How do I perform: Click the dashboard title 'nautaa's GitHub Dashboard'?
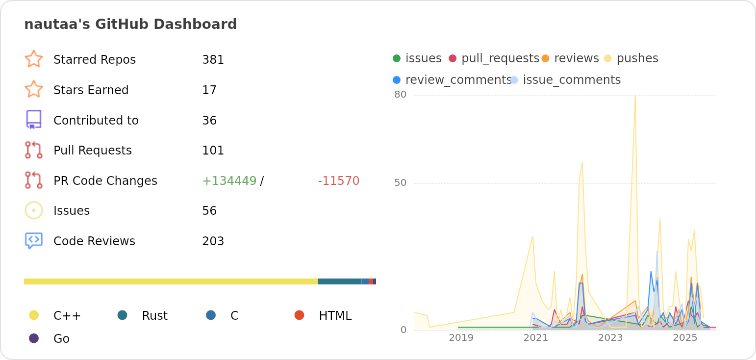coord(130,24)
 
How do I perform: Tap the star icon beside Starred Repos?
coord(34,59)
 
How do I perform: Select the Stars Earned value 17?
coord(209,90)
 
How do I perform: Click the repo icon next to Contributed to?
coord(34,120)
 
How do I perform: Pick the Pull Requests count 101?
coord(213,151)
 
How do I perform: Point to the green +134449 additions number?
coord(229,181)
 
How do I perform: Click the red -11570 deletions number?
coord(338,181)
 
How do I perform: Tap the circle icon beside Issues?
coord(34,210)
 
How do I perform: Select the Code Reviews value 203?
coord(213,241)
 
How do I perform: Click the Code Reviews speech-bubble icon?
coord(34,240)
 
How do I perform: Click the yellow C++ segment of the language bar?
coord(171,282)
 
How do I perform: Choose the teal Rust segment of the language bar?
coord(339,282)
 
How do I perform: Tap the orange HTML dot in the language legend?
coord(299,315)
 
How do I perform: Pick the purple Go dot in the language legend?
coord(34,338)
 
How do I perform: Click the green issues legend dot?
coord(397,58)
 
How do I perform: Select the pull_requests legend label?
coord(500,58)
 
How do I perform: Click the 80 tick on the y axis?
coord(401,95)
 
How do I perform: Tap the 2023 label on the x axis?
coord(610,338)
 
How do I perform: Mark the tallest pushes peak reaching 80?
coord(635,96)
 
